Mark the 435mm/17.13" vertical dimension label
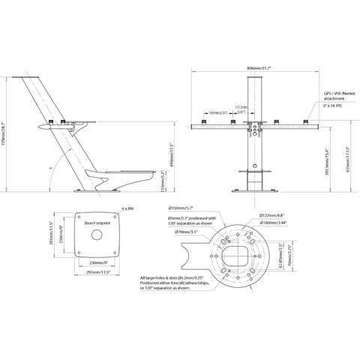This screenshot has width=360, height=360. pyautogui.click(x=348, y=157)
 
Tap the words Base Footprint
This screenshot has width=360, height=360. pyautogui.click(x=97, y=223)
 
